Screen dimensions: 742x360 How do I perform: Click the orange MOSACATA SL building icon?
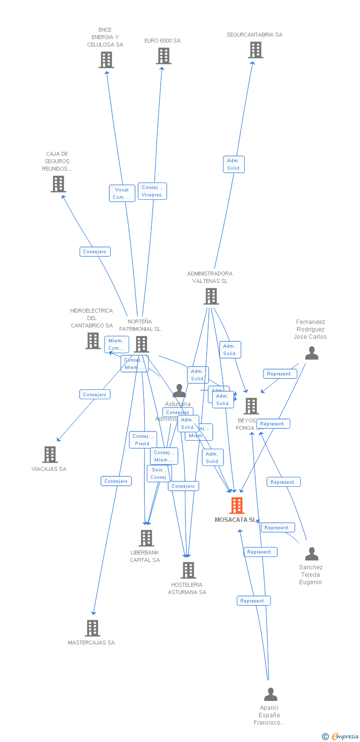click(237, 506)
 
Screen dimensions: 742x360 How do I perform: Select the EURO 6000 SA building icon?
click(164, 56)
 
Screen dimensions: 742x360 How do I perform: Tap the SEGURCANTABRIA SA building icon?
click(255, 50)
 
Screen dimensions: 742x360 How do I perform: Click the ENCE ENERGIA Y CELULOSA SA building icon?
click(106, 60)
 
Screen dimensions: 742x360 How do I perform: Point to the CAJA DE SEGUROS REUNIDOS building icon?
click(58, 184)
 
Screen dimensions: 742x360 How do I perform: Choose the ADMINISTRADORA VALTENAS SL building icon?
click(211, 296)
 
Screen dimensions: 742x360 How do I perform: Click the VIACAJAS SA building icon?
click(50, 454)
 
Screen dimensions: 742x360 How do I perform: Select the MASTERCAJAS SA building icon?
click(92, 628)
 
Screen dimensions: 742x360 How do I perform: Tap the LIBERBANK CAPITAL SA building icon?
click(146, 538)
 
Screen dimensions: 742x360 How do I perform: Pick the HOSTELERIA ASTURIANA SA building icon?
click(188, 570)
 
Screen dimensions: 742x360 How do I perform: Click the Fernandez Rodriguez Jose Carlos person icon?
click(312, 353)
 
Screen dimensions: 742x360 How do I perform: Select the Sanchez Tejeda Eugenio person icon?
click(312, 553)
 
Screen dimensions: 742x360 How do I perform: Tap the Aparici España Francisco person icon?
click(270, 694)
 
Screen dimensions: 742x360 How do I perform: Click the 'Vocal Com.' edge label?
click(122, 193)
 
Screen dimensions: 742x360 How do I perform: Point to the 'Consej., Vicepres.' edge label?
click(152, 191)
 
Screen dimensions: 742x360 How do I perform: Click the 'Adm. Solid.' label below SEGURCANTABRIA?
click(234, 164)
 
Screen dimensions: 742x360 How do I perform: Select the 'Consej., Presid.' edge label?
click(143, 440)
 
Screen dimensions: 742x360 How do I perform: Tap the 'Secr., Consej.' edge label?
click(159, 473)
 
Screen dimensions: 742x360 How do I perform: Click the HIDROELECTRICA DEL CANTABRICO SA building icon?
click(92, 341)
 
